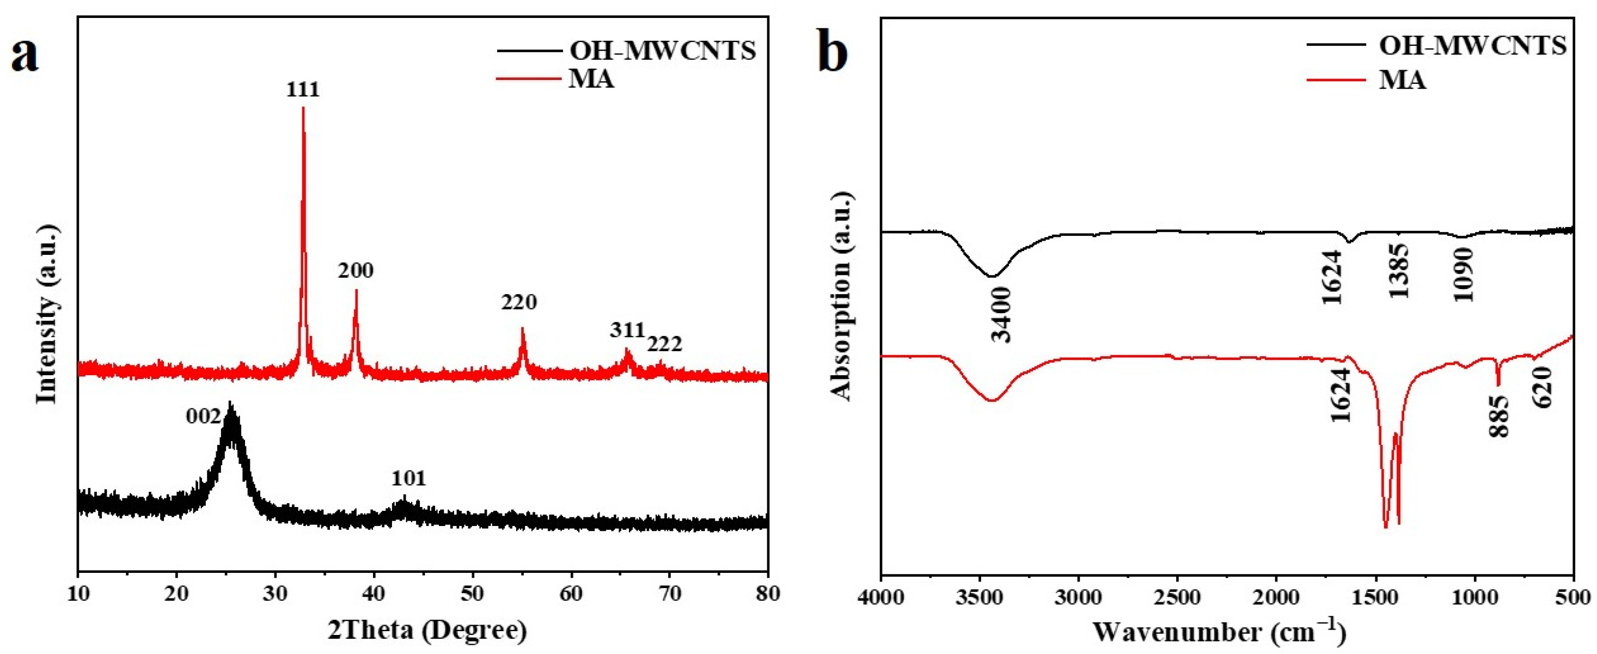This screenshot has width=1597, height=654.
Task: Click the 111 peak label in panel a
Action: point(303,90)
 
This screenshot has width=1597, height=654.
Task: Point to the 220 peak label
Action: point(519,303)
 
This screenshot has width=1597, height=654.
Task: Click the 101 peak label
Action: point(408,479)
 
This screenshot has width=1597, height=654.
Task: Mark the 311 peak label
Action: point(627,330)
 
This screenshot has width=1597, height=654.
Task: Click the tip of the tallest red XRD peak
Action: point(303,109)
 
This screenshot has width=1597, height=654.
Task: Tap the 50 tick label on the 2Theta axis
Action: point(473,595)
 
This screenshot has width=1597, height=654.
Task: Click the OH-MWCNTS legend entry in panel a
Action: point(662,51)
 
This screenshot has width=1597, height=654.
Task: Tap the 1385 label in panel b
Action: point(1399,271)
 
